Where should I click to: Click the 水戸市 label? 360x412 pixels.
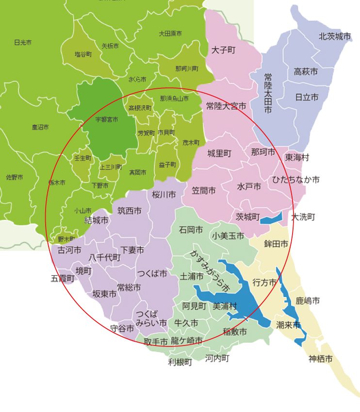[249, 187]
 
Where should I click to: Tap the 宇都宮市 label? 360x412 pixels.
[106, 119]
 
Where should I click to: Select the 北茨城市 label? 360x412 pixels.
[335, 36]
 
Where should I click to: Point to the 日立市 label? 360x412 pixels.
[307, 98]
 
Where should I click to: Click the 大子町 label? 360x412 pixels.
[224, 50]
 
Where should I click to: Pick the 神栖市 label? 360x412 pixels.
[321, 359]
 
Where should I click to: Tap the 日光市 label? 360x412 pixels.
[23, 43]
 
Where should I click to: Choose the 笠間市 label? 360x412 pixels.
[204, 191]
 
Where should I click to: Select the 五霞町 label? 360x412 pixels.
[63, 279]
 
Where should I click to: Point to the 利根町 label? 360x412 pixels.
[180, 362]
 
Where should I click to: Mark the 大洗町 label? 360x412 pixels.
[303, 217]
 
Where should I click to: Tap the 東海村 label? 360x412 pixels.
[297, 158]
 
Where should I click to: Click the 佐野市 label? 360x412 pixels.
[14, 177]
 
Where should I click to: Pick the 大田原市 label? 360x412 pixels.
[170, 33]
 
